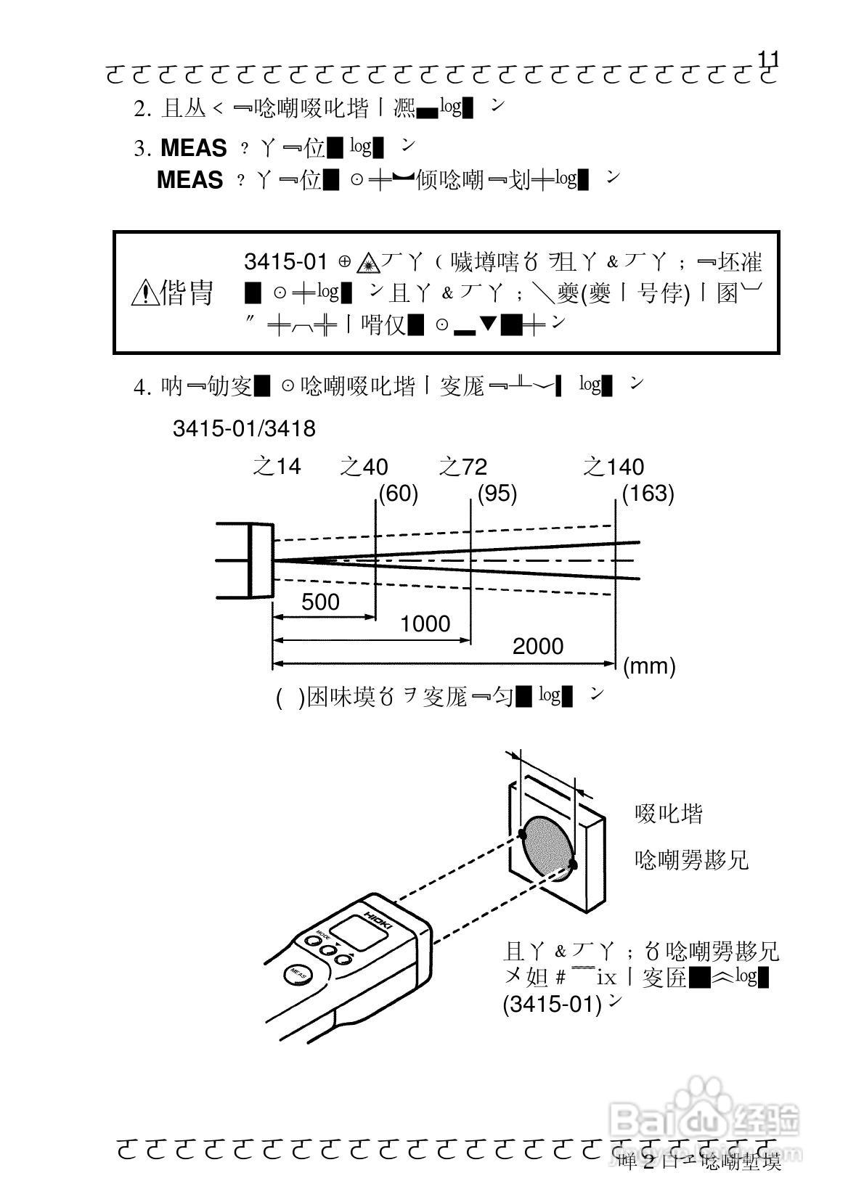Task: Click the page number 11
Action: tap(767, 59)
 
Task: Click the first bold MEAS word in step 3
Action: tap(193, 148)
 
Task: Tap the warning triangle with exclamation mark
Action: tap(144, 293)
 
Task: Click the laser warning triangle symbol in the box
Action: tap(369, 262)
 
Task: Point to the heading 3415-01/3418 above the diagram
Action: tap(244, 429)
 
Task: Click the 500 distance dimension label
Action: tap(320, 602)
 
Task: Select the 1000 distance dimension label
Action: tap(425, 624)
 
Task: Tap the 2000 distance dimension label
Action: tap(537, 646)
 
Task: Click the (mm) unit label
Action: tap(649, 666)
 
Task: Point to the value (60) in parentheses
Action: tap(398, 494)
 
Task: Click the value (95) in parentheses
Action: tap(497, 494)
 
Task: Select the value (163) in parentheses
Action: tap(648, 494)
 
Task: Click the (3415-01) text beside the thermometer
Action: tap(553, 1005)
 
